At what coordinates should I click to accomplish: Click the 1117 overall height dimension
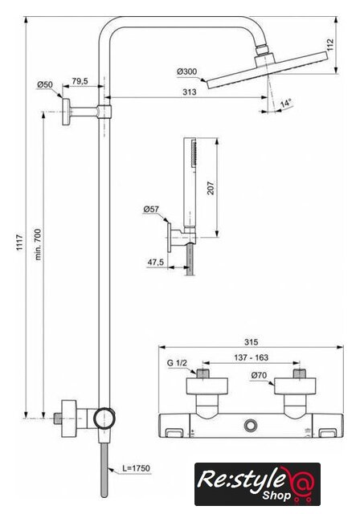pos(20,243)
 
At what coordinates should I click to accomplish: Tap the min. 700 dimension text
pos(39,244)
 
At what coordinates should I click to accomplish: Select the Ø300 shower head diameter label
pos(186,71)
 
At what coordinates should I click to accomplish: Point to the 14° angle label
pos(286,104)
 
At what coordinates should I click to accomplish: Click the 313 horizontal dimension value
pos(190,92)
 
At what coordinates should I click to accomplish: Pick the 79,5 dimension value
pos(80,81)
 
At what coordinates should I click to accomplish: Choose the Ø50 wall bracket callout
pos(44,84)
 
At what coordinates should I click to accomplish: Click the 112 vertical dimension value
pos(330,45)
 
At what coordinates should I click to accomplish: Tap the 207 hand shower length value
pos(211,188)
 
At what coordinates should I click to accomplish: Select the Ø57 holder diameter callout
pos(151,209)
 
